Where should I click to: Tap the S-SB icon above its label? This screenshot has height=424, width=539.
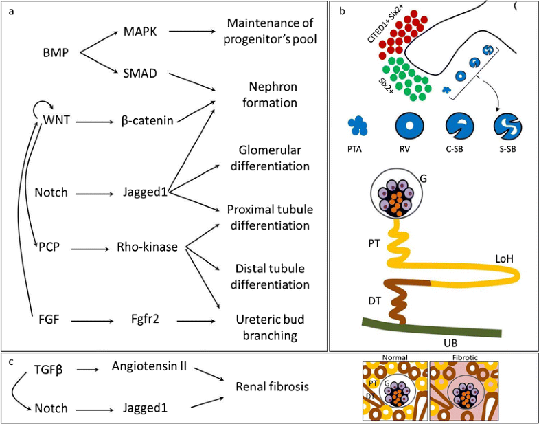point(507,127)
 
